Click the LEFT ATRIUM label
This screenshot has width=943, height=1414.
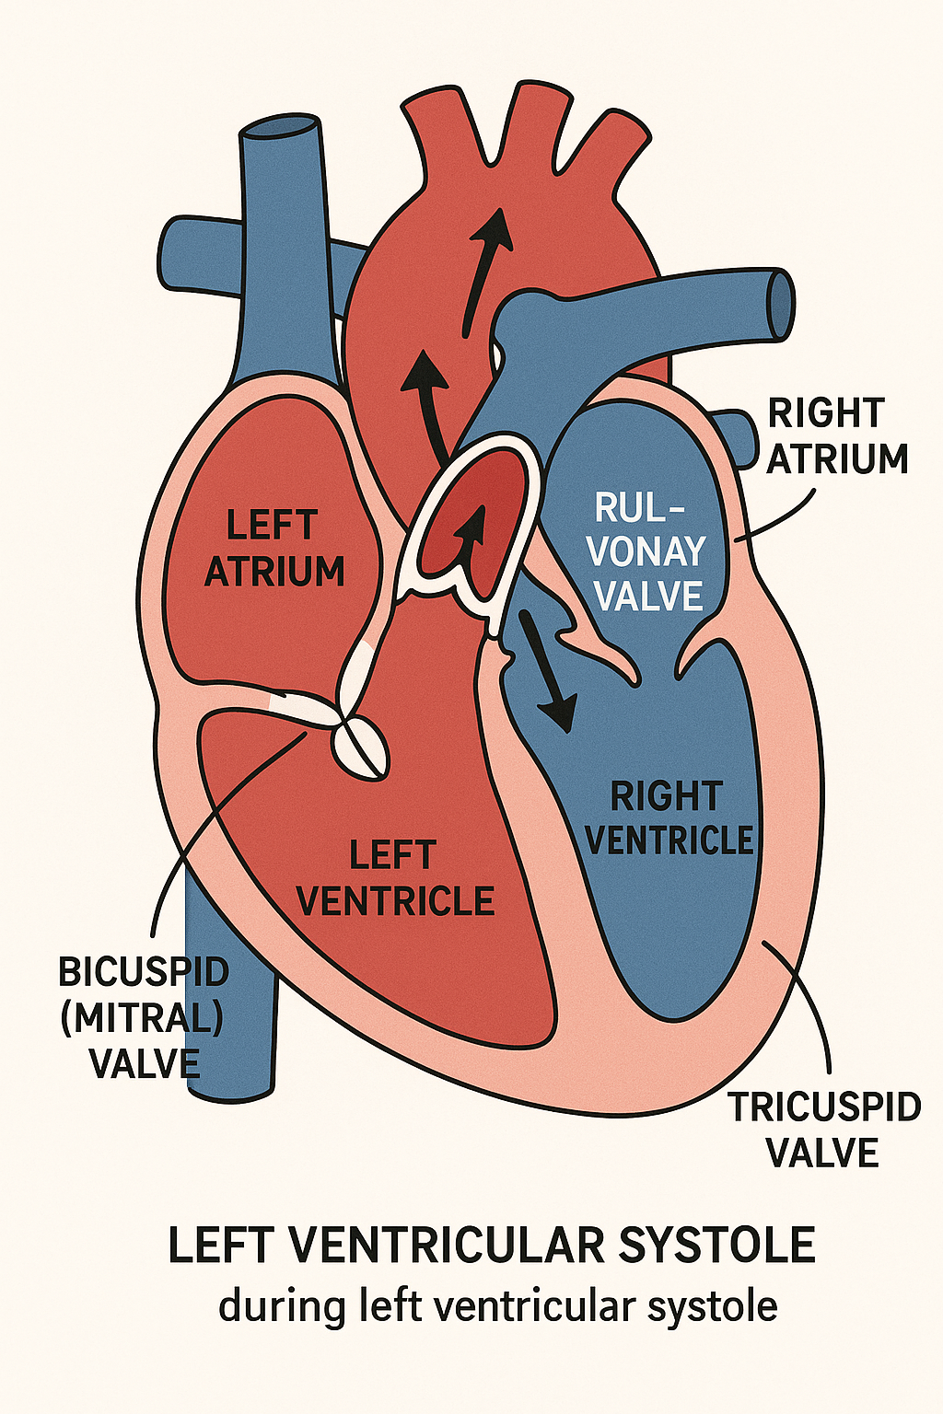pos(274,549)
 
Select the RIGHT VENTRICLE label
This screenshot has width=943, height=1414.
pos(668,818)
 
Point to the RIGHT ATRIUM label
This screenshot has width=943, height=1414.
pos(836,436)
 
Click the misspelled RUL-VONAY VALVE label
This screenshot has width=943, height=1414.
pos(646,551)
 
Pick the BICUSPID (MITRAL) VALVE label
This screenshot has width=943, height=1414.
pos(144,1018)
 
